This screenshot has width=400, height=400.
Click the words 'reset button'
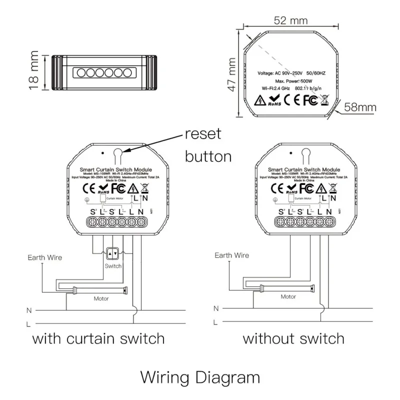coord(207,145)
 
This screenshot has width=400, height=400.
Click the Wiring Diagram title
coord(200,376)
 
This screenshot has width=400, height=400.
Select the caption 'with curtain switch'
coord(98,338)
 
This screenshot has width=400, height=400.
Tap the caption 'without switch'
coord(293,338)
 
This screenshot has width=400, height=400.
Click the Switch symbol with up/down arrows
coord(113,254)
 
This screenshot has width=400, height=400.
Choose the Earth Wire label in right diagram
coord(231,255)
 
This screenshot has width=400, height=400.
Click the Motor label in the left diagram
coord(101,298)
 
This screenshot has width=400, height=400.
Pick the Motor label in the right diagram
coord(288,296)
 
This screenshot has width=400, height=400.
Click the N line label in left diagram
coord(28,310)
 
